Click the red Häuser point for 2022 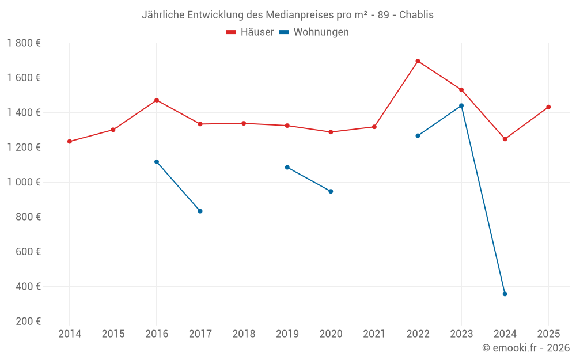pyautogui.click(x=418, y=61)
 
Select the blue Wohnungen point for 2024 pyautogui.click(x=505, y=294)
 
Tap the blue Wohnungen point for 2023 pyautogui.click(x=461, y=105)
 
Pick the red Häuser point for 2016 pyautogui.click(x=157, y=100)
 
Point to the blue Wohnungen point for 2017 pyautogui.click(x=200, y=211)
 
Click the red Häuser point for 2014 pyautogui.click(x=70, y=141)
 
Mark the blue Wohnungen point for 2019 pyautogui.click(x=287, y=167)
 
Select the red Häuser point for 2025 pyautogui.click(x=548, y=107)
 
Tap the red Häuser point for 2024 pyautogui.click(x=505, y=139)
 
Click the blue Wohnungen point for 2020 pyautogui.click(x=331, y=191)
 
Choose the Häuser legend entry pyautogui.click(x=250, y=32)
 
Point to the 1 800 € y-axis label pyautogui.click(x=24, y=43)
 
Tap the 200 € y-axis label pyautogui.click(x=28, y=321)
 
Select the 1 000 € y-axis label pyautogui.click(x=24, y=182)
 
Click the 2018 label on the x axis pyautogui.click(x=244, y=334)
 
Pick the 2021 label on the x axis pyautogui.click(x=374, y=334)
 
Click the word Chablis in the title pyautogui.click(x=417, y=15)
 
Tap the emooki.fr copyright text pyautogui.click(x=525, y=348)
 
